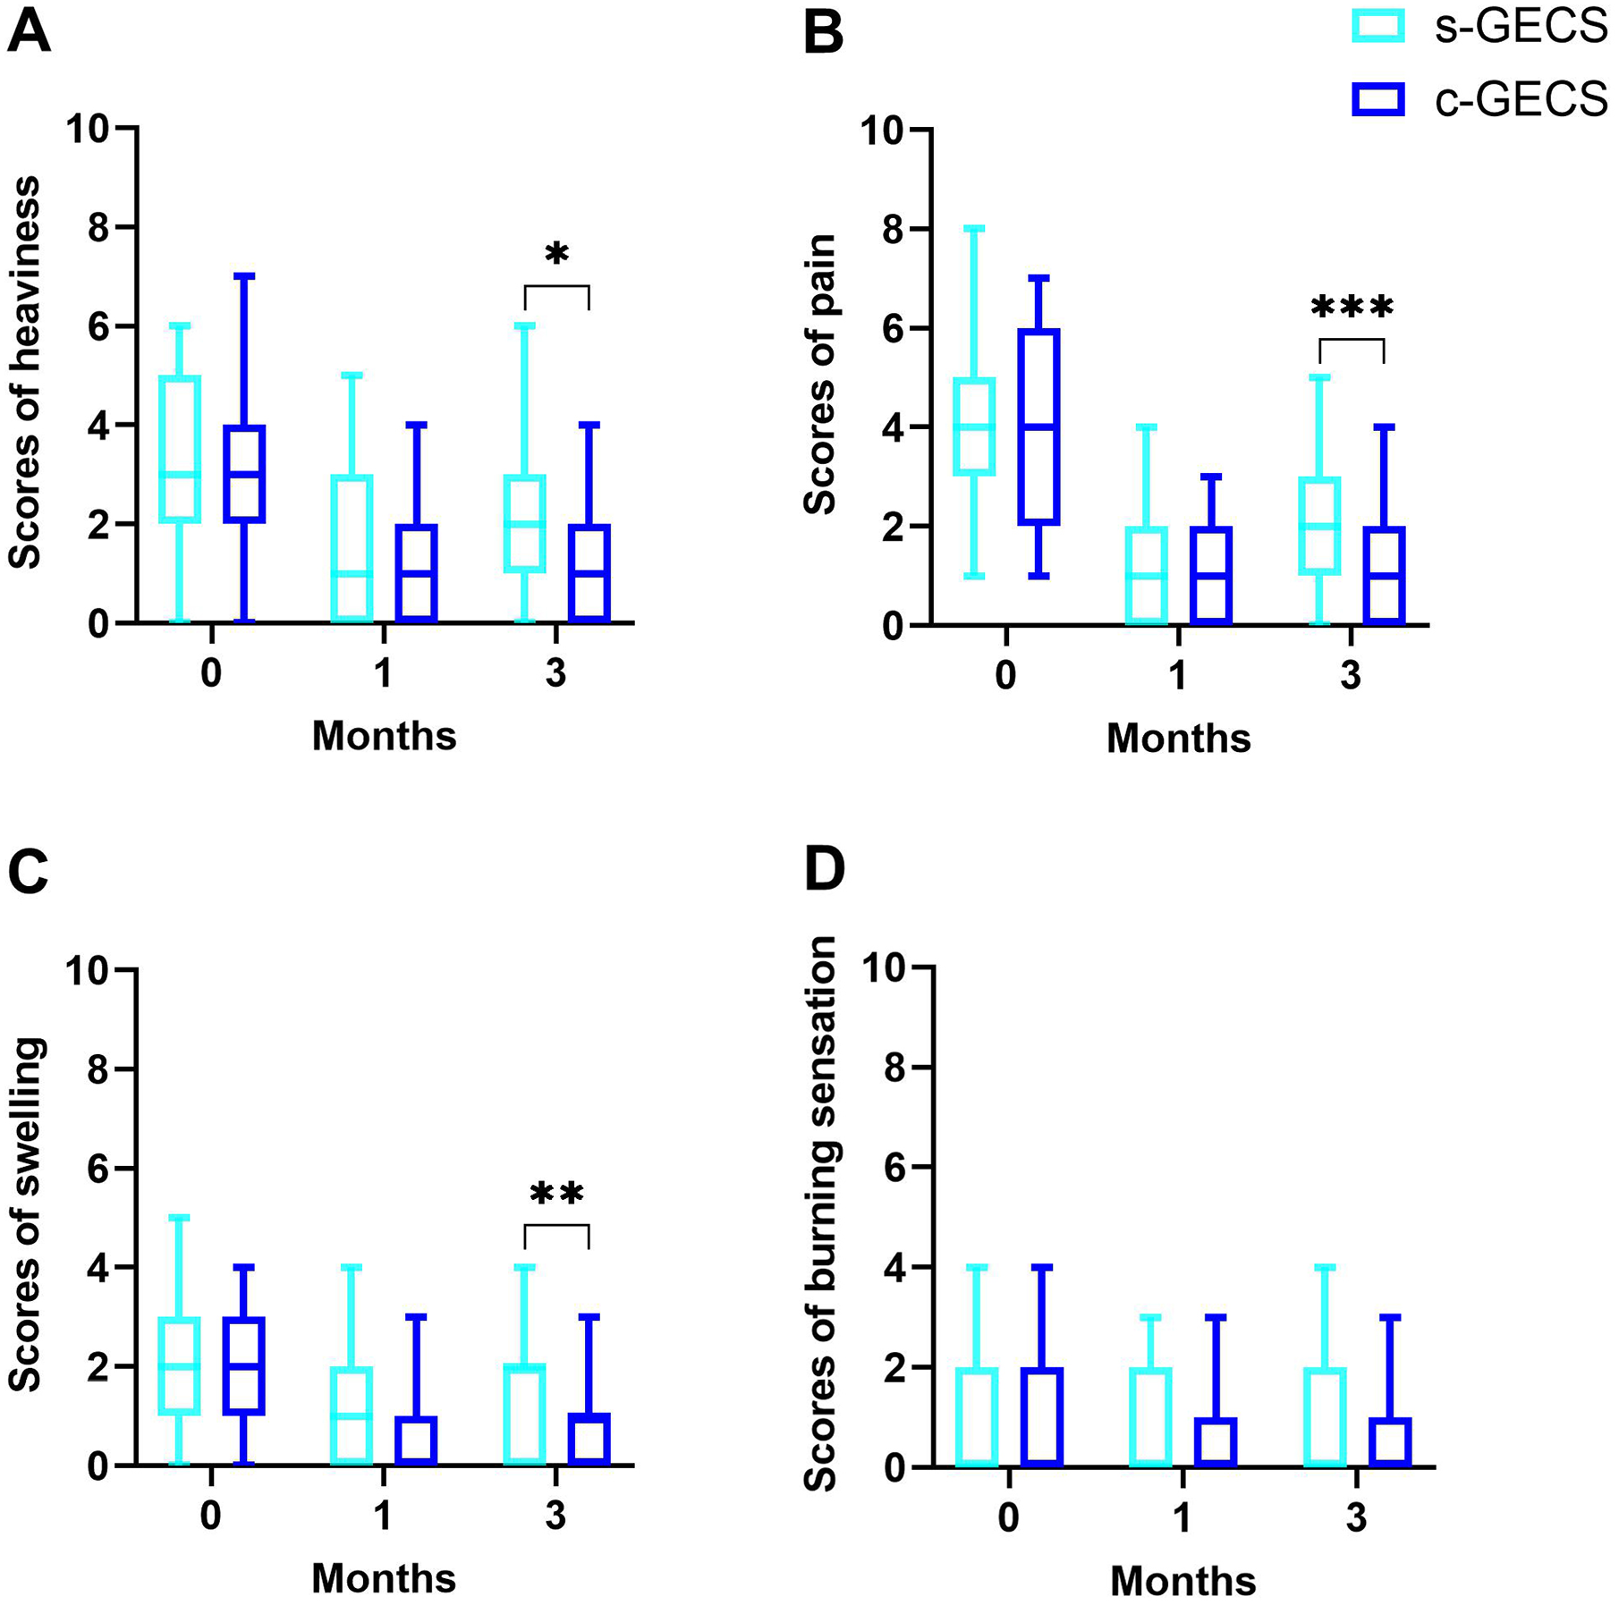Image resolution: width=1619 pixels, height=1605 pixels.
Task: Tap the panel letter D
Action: point(824,870)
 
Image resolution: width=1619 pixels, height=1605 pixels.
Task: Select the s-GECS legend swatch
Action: point(1377,27)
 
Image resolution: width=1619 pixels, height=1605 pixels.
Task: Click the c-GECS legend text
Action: point(1522,100)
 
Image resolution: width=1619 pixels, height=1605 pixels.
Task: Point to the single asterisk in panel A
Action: point(556,255)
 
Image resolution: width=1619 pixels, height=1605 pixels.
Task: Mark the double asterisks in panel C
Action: point(556,1194)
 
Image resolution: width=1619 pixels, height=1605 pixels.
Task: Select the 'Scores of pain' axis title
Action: point(819,375)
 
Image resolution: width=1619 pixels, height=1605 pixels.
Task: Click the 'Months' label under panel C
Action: point(384,1579)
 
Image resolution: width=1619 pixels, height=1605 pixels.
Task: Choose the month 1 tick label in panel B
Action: point(1178,675)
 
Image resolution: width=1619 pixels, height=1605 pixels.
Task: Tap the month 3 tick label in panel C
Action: point(556,1516)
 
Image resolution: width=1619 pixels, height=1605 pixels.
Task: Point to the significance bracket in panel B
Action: point(1352,340)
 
